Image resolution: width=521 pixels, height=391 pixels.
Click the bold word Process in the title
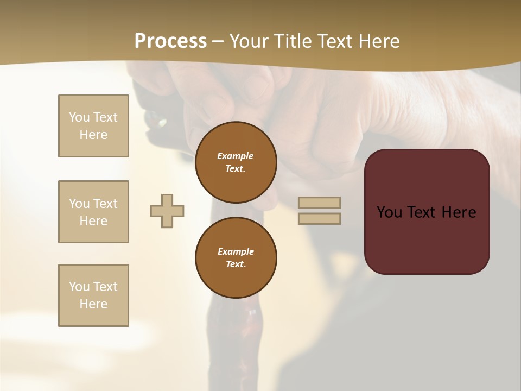[170, 41]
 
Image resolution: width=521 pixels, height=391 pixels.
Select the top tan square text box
[93, 126]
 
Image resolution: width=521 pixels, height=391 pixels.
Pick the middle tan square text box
[93, 212]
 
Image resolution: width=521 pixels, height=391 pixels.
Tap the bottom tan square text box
[93, 295]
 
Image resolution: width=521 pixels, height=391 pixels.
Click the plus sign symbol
[167, 211]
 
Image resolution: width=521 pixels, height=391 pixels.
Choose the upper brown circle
[236, 162]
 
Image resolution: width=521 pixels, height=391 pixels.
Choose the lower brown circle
[236, 258]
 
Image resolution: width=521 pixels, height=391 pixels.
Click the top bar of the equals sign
[320, 203]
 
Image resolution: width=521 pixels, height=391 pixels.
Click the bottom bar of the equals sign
[320, 218]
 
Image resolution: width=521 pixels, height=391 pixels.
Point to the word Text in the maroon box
[422, 212]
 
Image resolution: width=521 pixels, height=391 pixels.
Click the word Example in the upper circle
[236, 156]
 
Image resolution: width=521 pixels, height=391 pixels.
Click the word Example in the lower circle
[236, 251]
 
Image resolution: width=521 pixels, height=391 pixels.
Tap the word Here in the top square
[93, 135]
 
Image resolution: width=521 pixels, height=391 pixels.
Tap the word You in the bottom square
[79, 287]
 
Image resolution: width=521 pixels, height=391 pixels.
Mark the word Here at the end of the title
[379, 41]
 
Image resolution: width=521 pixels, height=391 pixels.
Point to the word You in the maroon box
[389, 212]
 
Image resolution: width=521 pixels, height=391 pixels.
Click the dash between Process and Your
[218, 41]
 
